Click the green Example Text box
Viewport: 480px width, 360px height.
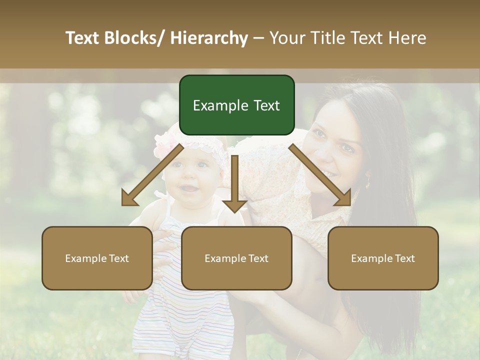point(236,105)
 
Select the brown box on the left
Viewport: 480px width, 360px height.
point(97,258)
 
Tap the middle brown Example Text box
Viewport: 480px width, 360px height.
point(236,258)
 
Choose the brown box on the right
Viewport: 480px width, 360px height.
point(383,258)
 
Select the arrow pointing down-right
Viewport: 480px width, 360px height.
point(320,175)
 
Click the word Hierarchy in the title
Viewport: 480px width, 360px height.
point(209,38)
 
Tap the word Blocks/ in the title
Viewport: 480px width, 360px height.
point(137,38)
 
